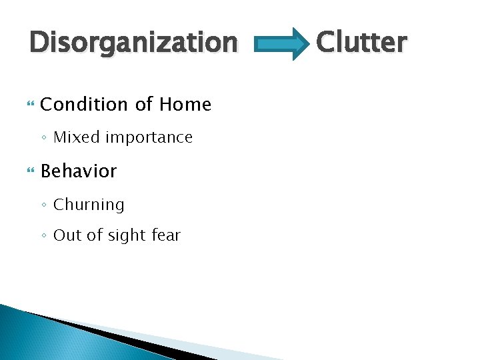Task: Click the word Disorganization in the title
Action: pos(133,43)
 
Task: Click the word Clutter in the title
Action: pos(361,43)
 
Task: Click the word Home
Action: pos(184,105)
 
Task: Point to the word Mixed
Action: pos(74,138)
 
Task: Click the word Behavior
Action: pos(79,171)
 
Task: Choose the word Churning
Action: pos(89,205)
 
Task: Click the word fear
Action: pos(165,235)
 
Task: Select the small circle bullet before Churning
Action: pos(44,205)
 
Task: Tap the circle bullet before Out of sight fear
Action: pos(44,236)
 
